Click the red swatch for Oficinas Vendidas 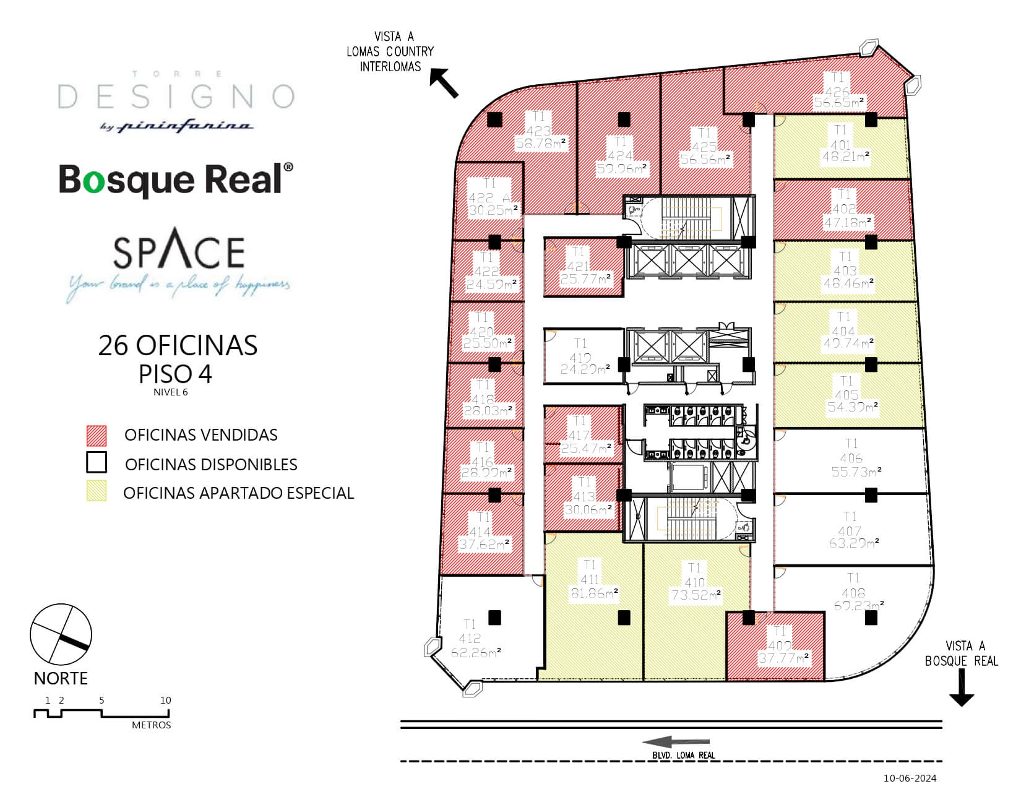tap(97, 436)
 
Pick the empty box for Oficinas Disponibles tap(97, 463)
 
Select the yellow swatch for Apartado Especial tap(97, 491)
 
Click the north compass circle tap(61, 636)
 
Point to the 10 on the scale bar tap(165, 701)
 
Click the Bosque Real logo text tap(176, 179)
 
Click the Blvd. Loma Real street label tap(684, 756)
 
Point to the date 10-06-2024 tap(910, 778)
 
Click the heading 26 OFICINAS tap(178, 345)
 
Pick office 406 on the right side tap(851, 459)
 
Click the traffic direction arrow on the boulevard tap(676, 743)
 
